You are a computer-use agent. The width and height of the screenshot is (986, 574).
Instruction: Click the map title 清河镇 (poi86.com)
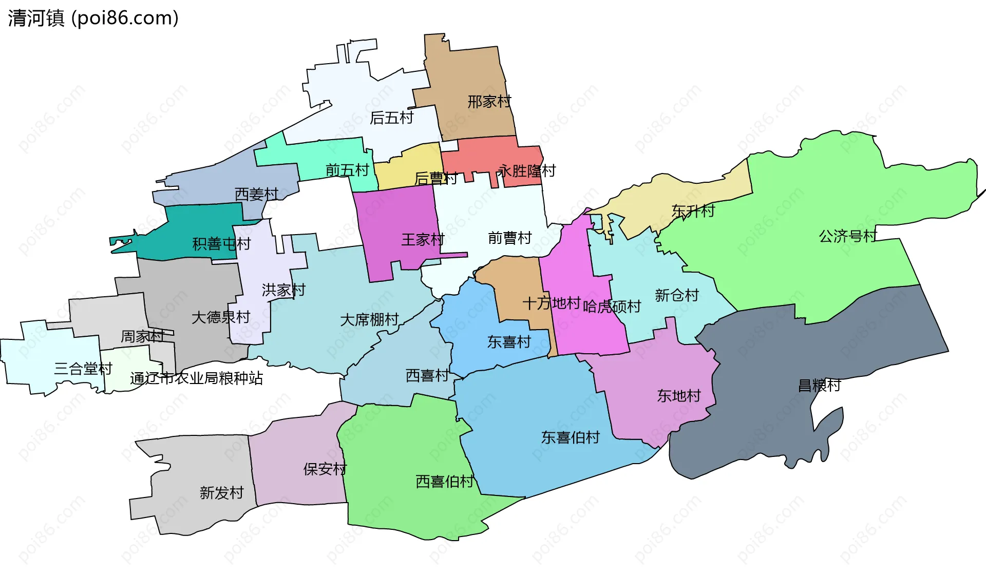tap(93, 18)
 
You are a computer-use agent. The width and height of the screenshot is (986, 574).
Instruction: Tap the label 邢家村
tap(489, 102)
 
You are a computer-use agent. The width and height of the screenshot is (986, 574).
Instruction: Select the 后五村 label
tap(391, 118)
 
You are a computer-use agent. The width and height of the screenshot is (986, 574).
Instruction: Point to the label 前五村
tap(347, 170)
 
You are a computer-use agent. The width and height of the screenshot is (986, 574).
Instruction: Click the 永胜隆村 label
tap(527, 171)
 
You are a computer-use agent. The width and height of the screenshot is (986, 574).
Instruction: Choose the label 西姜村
tap(256, 194)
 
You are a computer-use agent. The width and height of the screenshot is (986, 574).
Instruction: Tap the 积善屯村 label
tap(221, 243)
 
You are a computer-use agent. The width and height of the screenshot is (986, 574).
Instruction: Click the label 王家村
tap(423, 239)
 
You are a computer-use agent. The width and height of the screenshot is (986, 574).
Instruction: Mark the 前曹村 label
tap(509, 238)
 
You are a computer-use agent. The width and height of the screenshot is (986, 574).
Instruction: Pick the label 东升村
tap(693, 211)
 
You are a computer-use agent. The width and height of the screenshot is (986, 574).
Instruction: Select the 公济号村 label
tap(848, 236)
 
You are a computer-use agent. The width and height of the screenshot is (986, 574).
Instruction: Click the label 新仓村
tap(676, 295)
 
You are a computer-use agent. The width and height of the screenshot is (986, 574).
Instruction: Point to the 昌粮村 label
tap(819, 385)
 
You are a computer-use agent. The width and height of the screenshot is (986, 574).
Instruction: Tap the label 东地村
tap(678, 396)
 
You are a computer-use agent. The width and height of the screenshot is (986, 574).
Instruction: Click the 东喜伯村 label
tap(570, 437)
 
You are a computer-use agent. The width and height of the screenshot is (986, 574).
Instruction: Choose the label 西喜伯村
tap(444, 482)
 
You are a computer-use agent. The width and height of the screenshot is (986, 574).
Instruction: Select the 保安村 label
tap(325, 469)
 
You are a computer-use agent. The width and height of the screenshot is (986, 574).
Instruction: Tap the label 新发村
tap(221, 493)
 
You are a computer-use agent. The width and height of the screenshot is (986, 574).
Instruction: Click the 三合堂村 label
tap(83, 369)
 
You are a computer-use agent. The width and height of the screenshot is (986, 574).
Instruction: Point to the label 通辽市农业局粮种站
tap(196, 378)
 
